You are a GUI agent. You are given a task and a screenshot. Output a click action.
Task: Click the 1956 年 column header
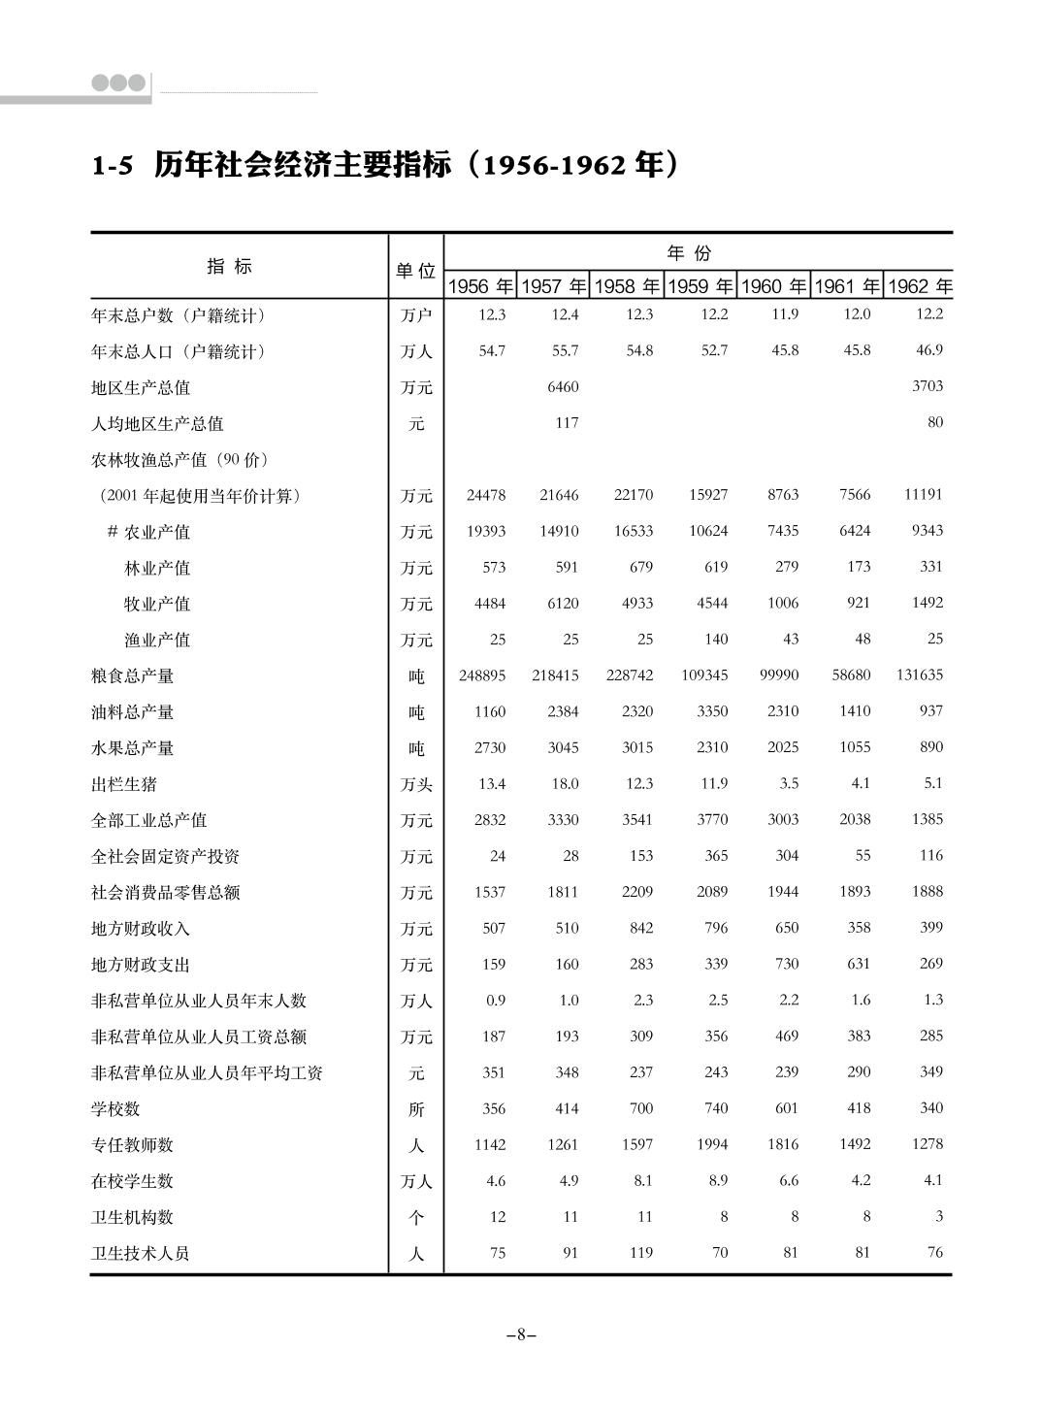click(480, 286)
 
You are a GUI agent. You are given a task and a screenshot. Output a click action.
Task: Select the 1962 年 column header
click(920, 286)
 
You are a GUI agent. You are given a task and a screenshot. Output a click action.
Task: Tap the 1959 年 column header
click(700, 286)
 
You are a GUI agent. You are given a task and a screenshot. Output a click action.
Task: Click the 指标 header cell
click(230, 267)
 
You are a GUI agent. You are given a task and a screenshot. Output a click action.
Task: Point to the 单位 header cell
click(415, 271)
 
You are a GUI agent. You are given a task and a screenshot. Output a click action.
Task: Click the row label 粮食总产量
click(133, 675)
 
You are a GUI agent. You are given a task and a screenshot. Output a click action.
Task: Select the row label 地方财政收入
click(141, 929)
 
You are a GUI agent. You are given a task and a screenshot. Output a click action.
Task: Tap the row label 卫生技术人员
click(141, 1253)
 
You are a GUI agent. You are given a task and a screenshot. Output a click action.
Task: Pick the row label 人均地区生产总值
click(157, 423)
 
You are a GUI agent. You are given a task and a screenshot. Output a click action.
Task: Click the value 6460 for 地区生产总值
click(563, 387)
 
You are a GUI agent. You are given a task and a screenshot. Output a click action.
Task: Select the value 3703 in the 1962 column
click(928, 385)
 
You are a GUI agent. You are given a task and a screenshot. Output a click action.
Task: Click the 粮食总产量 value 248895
click(482, 675)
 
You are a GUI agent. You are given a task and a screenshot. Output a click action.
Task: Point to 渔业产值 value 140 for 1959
click(716, 639)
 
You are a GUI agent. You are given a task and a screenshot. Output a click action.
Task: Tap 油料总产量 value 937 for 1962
click(931, 710)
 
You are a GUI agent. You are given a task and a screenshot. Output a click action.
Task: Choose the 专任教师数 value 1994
click(712, 1144)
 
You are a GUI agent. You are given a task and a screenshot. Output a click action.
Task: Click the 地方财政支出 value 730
click(787, 964)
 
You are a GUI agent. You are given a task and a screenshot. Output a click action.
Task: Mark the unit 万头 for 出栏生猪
click(416, 784)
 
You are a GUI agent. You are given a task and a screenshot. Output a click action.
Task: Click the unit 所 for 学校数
click(416, 1109)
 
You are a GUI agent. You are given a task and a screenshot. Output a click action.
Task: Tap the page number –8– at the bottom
click(521, 1334)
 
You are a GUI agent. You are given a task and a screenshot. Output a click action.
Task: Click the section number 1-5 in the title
click(112, 166)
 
